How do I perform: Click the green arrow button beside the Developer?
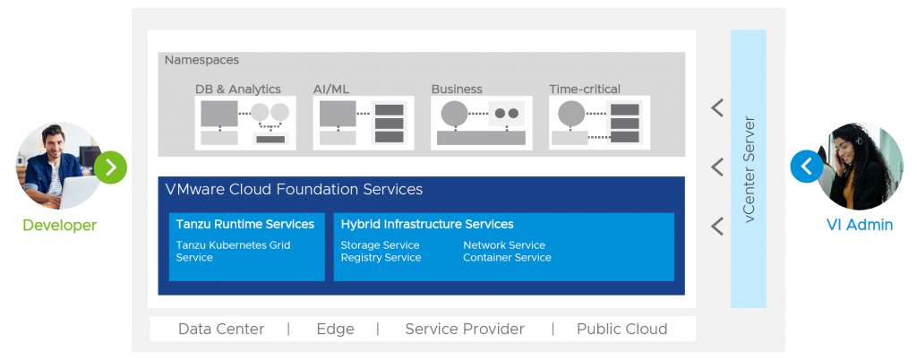pos(111,167)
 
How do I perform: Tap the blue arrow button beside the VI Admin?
pos(806,167)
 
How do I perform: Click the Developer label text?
pos(59,225)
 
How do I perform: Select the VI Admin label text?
pos(859,225)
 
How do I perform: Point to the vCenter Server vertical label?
pos(750,169)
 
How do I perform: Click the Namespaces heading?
pos(201,60)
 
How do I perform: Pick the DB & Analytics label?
pos(238,89)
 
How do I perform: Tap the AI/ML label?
pos(333,89)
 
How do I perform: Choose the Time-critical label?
pos(585,89)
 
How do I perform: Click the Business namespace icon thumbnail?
pos(481,123)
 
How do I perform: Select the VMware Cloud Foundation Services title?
pos(294,190)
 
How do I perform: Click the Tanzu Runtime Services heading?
pos(245,224)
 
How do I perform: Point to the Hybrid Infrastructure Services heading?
pos(427,224)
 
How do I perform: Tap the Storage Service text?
pos(380,244)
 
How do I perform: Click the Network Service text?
pos(504,244)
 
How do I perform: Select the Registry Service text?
pos(381,258)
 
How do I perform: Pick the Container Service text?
pos(507,258)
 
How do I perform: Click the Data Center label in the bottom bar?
pos(221,329)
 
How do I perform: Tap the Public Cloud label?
pos(621,329)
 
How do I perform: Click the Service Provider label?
pos(465,329)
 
